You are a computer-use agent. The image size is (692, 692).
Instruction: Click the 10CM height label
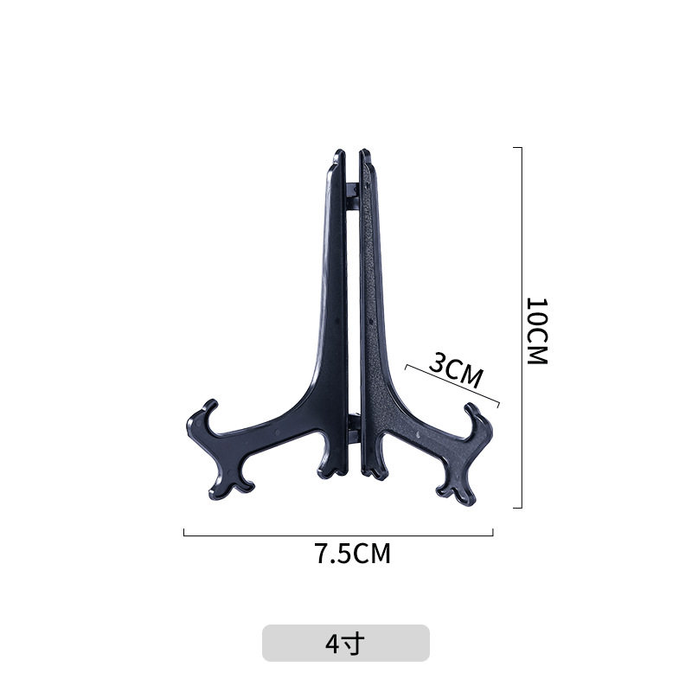click(537, 331)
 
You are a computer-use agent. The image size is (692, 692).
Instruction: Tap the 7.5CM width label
click(352, 554)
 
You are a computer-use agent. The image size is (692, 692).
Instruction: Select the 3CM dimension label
click(456, 370)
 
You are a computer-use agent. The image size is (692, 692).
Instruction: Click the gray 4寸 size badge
click(345, 643)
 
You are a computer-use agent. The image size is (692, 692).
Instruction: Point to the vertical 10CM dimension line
click(522, 328)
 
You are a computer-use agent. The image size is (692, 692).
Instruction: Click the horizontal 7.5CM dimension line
click(338, 535)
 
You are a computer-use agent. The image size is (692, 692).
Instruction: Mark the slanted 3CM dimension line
click(452, 384)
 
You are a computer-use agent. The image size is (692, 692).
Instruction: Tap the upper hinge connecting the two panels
click(352, 196)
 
